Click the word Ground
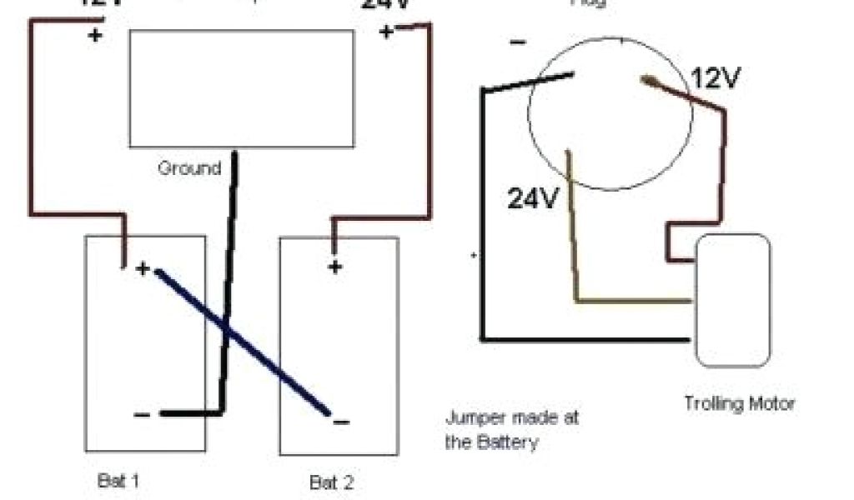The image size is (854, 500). point(189,168)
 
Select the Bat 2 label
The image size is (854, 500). point(332,482)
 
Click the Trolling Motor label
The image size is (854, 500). point(740,403)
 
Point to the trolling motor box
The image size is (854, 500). point(733,300)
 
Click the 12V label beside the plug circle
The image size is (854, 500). point(716,78)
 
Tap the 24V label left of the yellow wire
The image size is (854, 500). point(533,197)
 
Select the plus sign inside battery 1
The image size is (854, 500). point(143,268)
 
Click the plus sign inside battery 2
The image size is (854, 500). point(334,267)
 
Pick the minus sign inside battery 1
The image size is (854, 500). point(142,414)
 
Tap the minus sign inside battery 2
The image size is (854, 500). point(340,422)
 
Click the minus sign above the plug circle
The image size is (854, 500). point(517,42)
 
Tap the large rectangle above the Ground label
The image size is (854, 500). point(240,88)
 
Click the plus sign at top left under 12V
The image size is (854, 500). point(94,36)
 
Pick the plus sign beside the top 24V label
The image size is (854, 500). point(386,32)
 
